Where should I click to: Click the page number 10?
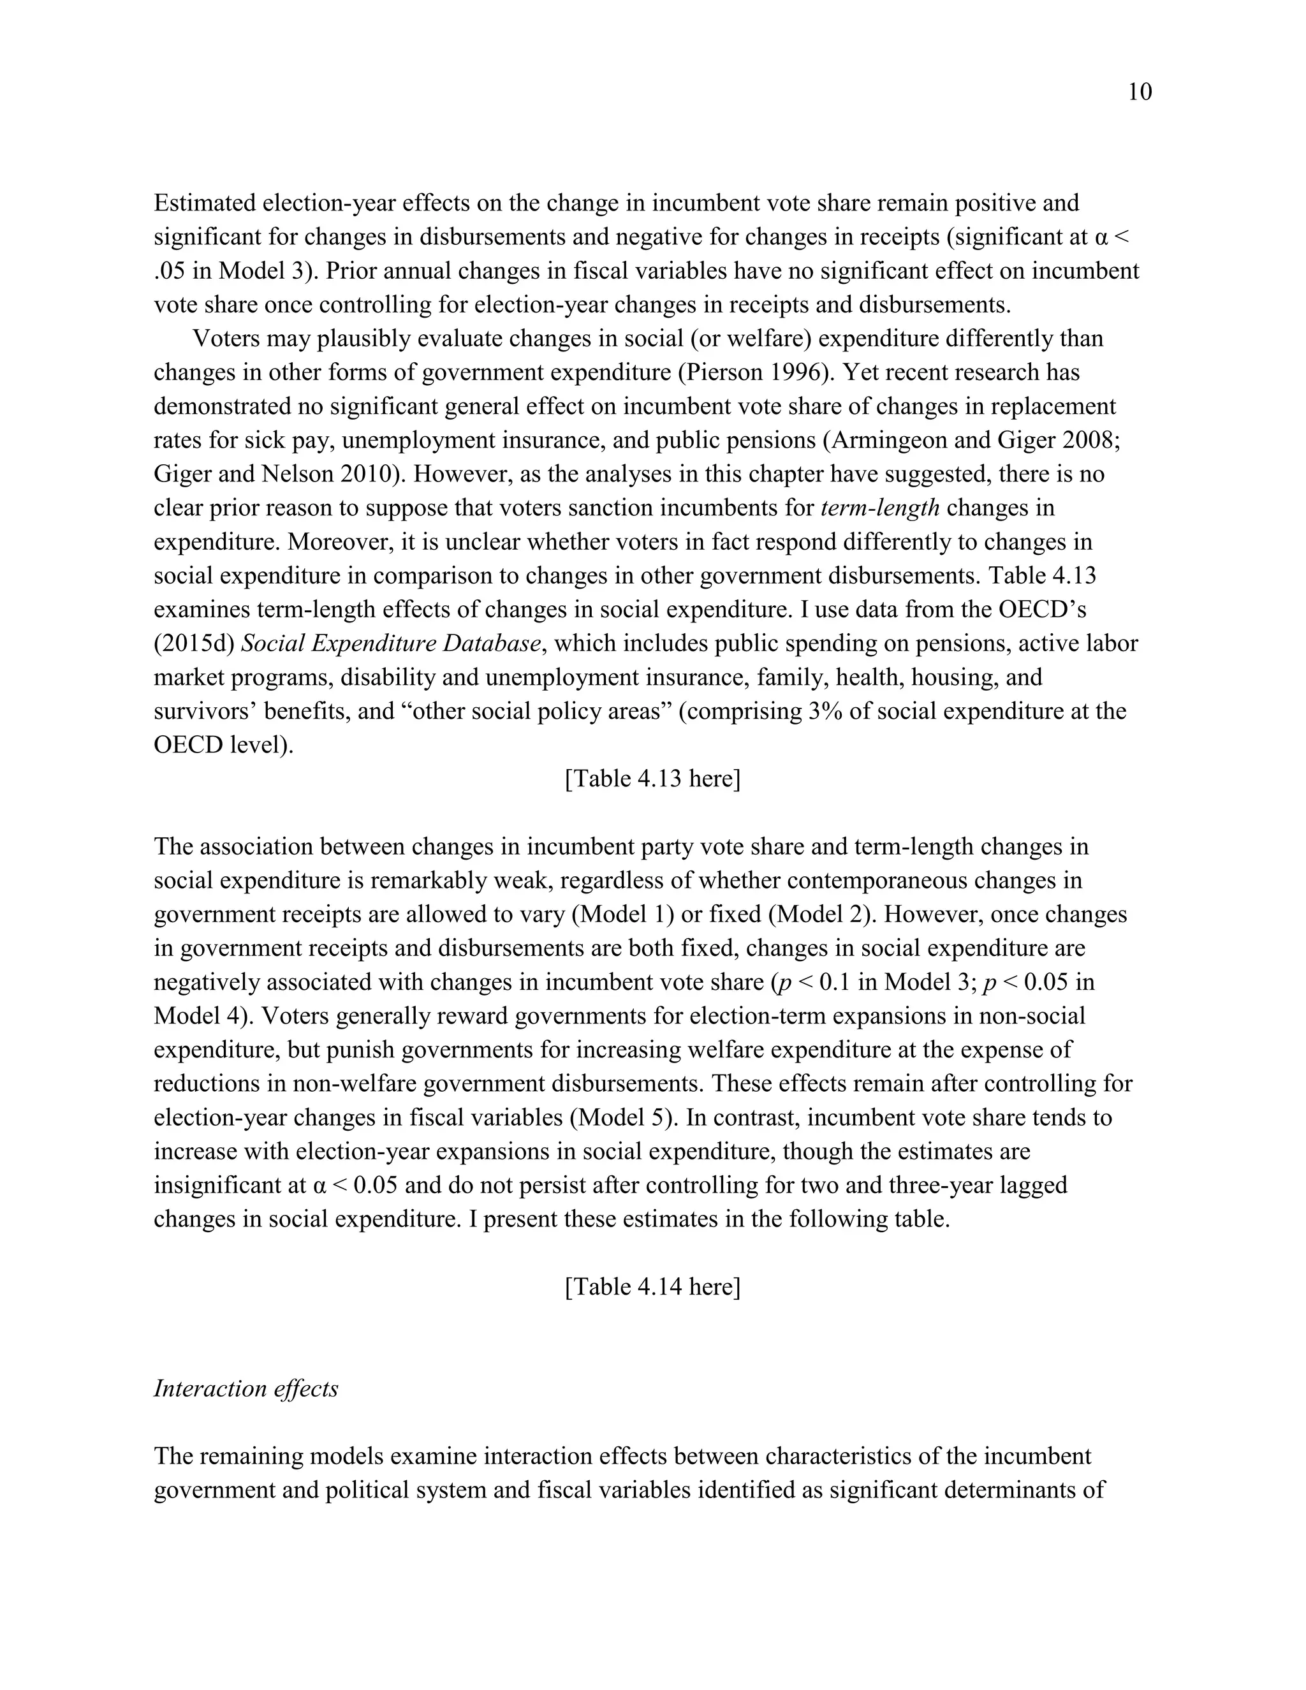tap(1140, 92)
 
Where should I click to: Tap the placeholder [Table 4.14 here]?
tap(652, 1286)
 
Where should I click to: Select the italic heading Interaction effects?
tap(246, 1388)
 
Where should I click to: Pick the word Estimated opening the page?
tap(204, 203)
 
